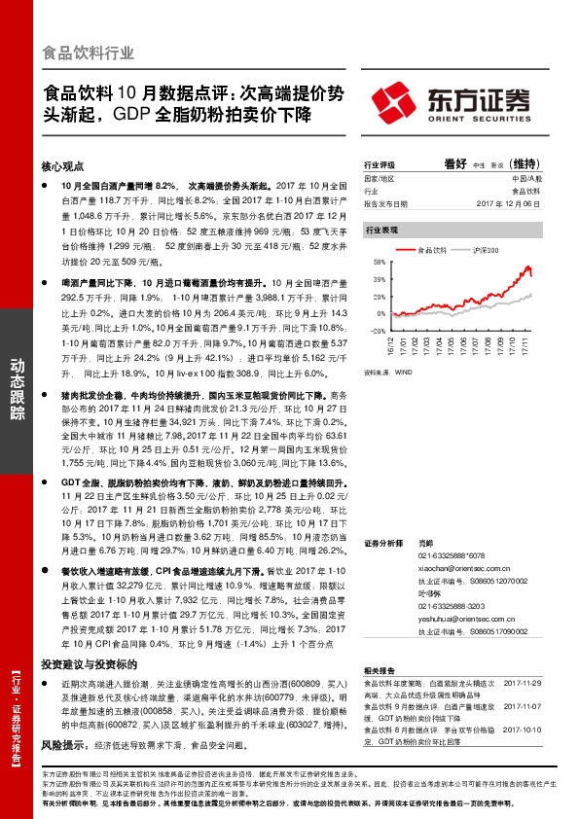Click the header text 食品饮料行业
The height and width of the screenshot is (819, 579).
89,53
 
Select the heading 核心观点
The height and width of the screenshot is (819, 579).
63,167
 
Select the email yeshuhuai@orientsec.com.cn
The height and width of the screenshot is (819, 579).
435,617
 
